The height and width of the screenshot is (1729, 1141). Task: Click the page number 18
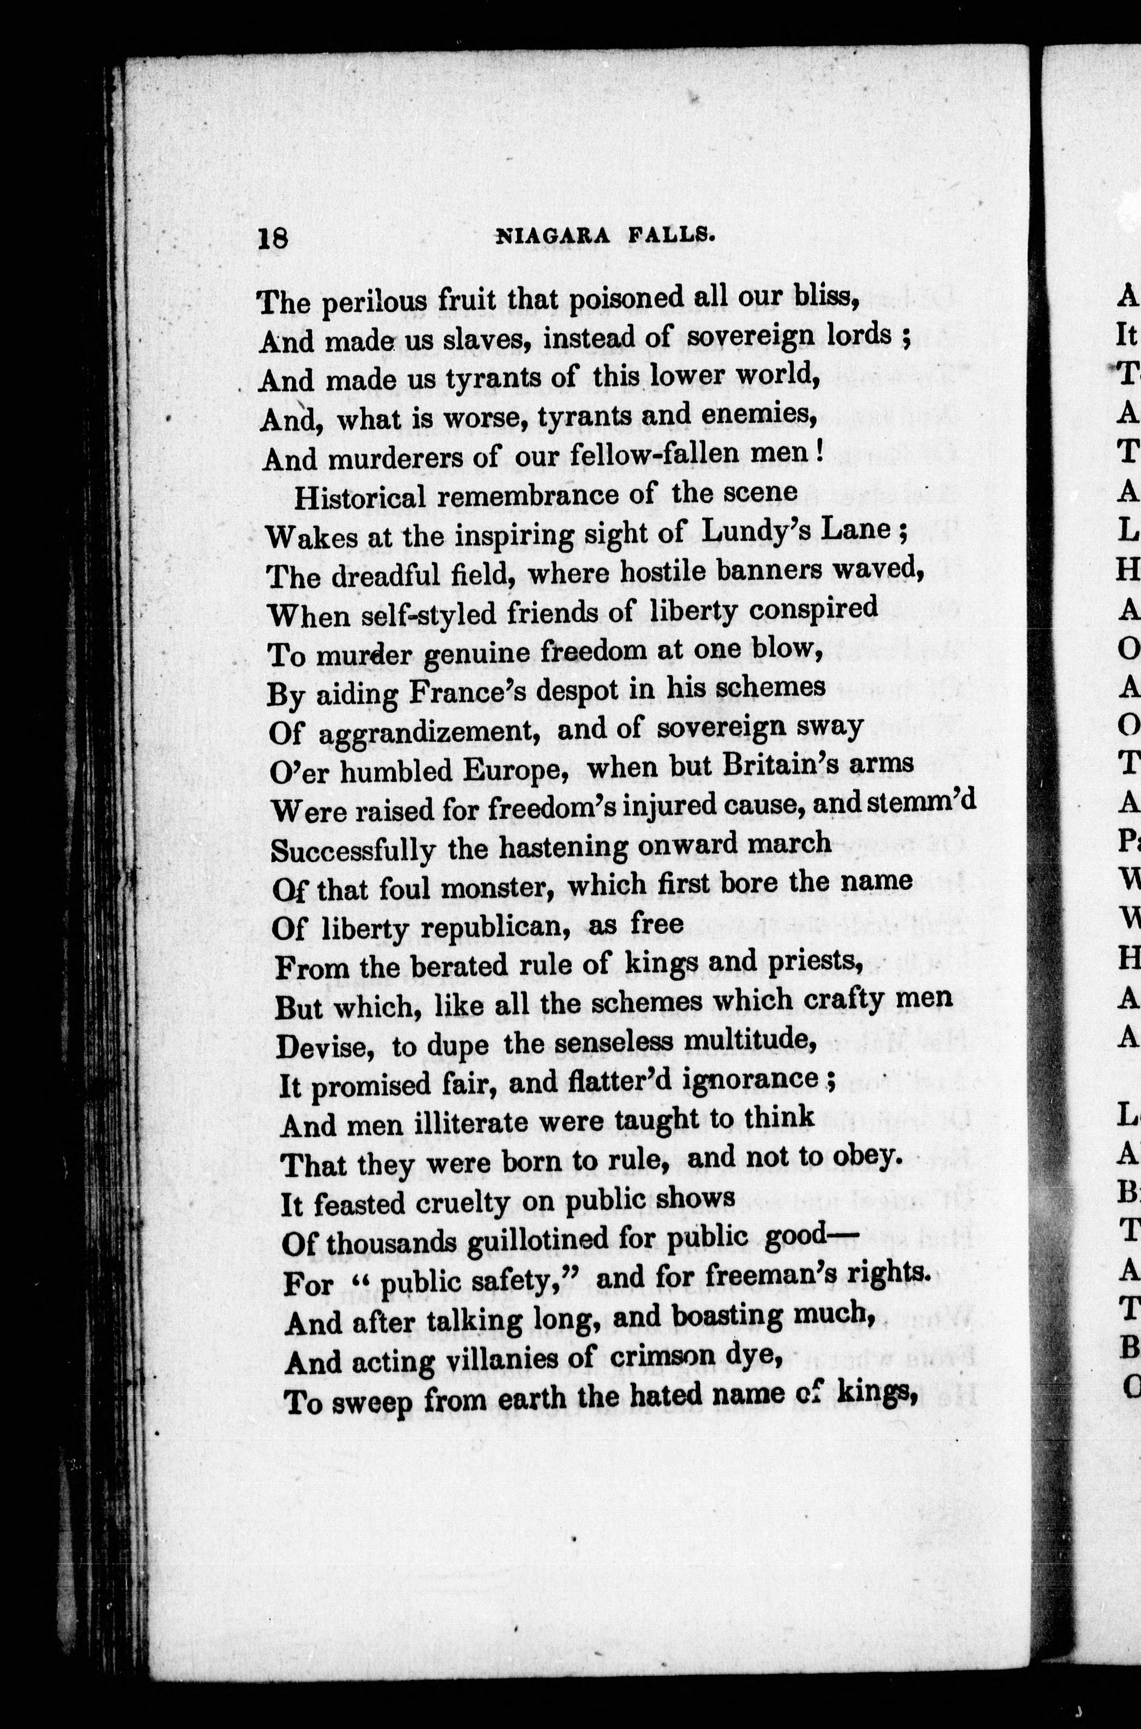click(273, 238)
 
